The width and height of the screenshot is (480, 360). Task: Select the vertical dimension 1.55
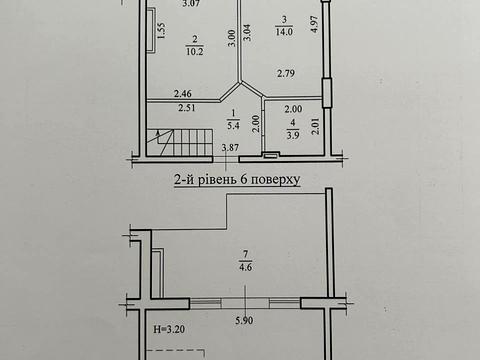pyautogui.click(x=161, y=35)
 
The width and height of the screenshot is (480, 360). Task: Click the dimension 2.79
pyautogui.click(x=288, y=73)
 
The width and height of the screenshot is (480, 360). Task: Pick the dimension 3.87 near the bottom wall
pyautogui.click(x=229, y=149)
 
